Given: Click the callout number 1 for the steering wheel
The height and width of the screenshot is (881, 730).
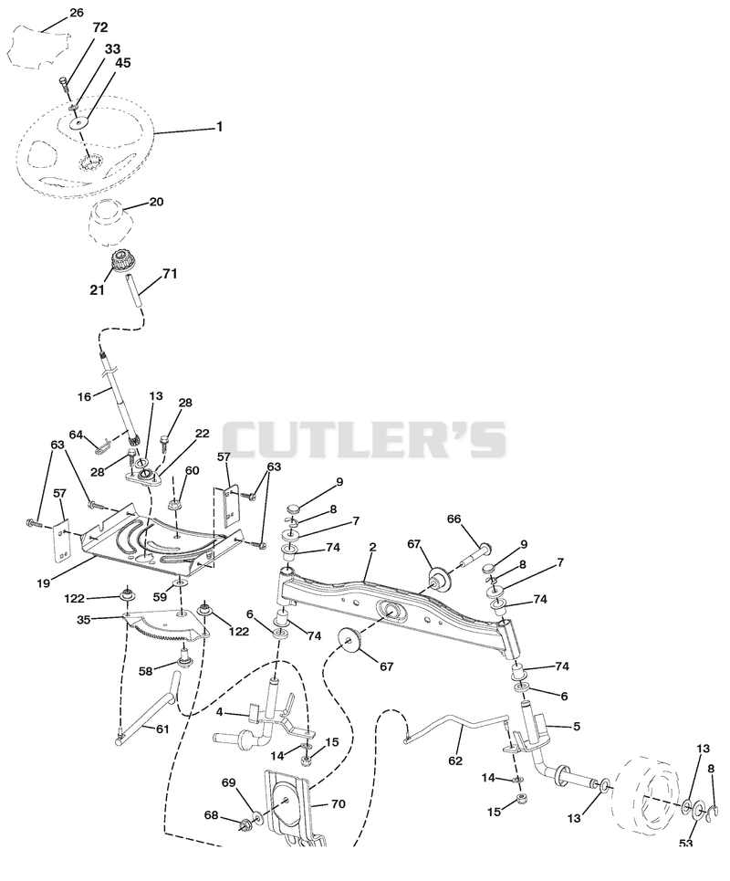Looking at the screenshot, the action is (220, 127).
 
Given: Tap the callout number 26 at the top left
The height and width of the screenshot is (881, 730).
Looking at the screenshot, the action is (77, 13).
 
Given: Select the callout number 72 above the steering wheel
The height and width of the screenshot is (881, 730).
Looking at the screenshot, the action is (100, 27).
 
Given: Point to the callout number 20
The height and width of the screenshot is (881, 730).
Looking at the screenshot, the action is (157, 201).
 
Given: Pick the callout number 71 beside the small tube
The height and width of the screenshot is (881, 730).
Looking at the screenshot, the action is (170, 274).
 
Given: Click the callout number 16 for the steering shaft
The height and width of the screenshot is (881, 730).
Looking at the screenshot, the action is (84, 397).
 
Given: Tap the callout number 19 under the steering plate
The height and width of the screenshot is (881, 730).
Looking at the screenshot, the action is (44, 583).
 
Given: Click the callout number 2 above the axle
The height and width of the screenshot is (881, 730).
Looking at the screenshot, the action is (373, 547).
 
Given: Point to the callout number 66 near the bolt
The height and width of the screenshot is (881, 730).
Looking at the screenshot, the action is (454, 519).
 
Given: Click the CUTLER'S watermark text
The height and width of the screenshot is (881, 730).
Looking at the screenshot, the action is (365, 440).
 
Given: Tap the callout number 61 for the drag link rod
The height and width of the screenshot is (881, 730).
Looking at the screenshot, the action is (162, 729).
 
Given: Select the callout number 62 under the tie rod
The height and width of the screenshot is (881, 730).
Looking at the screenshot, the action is (455, 760).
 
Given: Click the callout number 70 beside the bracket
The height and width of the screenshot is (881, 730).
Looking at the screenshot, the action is (338, 804).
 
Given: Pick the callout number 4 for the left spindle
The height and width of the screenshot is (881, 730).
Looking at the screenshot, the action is (220, 712).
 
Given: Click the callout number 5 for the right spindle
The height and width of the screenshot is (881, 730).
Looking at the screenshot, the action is (577, 727).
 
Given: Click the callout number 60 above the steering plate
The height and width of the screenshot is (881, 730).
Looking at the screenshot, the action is (192, 470).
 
